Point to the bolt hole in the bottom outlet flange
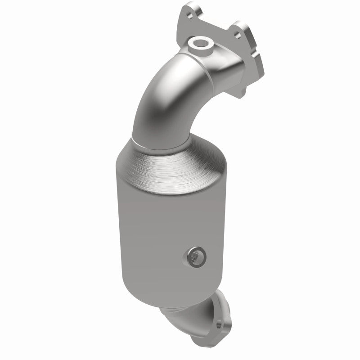tap(219, 324)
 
